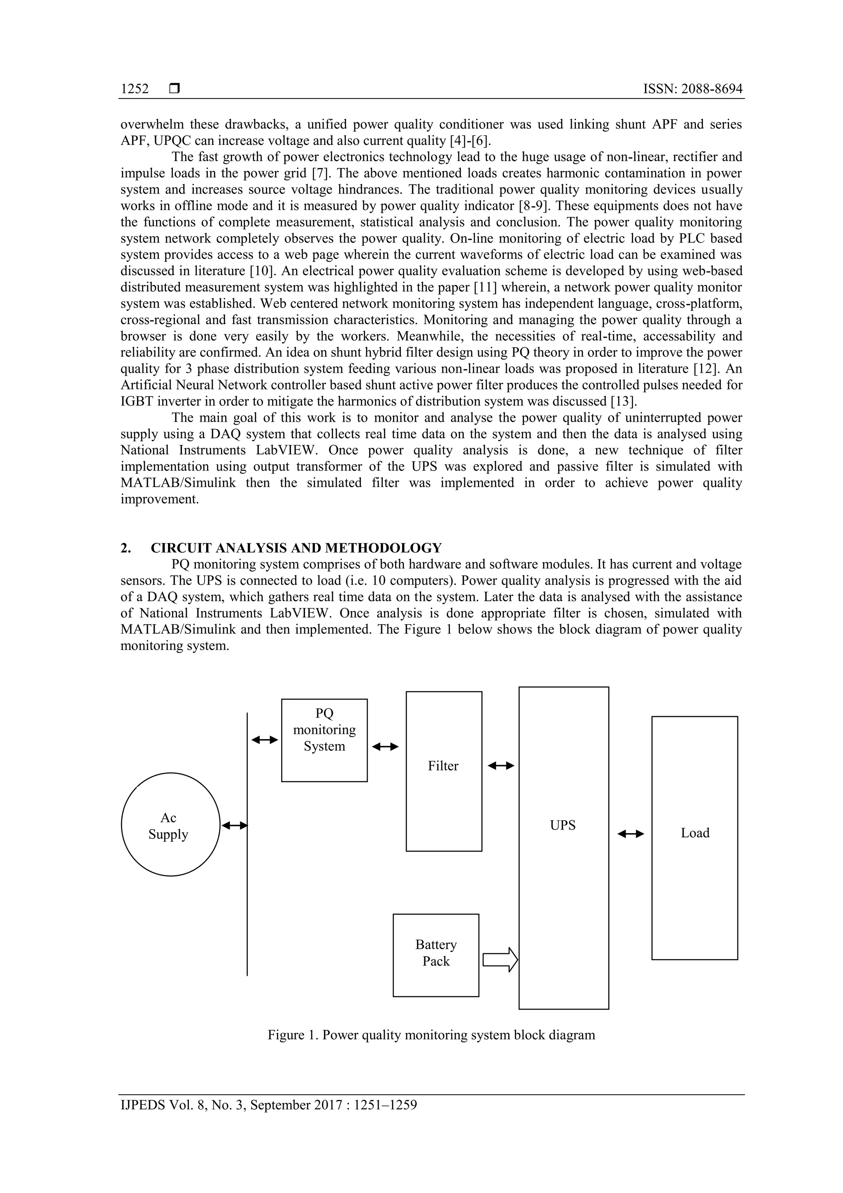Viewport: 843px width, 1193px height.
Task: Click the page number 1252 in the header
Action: click(x=135, y=89)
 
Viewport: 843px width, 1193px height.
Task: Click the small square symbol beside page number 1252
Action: click(x=175, y=89)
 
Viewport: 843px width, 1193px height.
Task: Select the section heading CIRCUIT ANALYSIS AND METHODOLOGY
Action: click(x=296, y=548)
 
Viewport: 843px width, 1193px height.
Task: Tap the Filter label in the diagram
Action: click(x=443, y=766)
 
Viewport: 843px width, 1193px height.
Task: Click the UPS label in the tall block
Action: click(x=563, y=825)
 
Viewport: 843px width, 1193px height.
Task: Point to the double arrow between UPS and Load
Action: click(x=631, y=834)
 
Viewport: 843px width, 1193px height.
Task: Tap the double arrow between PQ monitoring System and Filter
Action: click(x=385, y=747)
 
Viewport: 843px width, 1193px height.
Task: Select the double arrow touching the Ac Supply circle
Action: click(x=234, y=825)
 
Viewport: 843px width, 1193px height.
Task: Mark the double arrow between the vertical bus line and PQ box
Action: click(x=264, y=739)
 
